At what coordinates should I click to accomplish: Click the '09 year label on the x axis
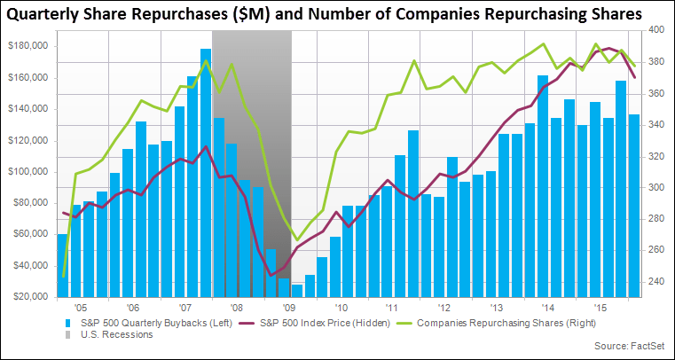289,306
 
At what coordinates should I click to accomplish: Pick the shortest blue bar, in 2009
297,290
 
